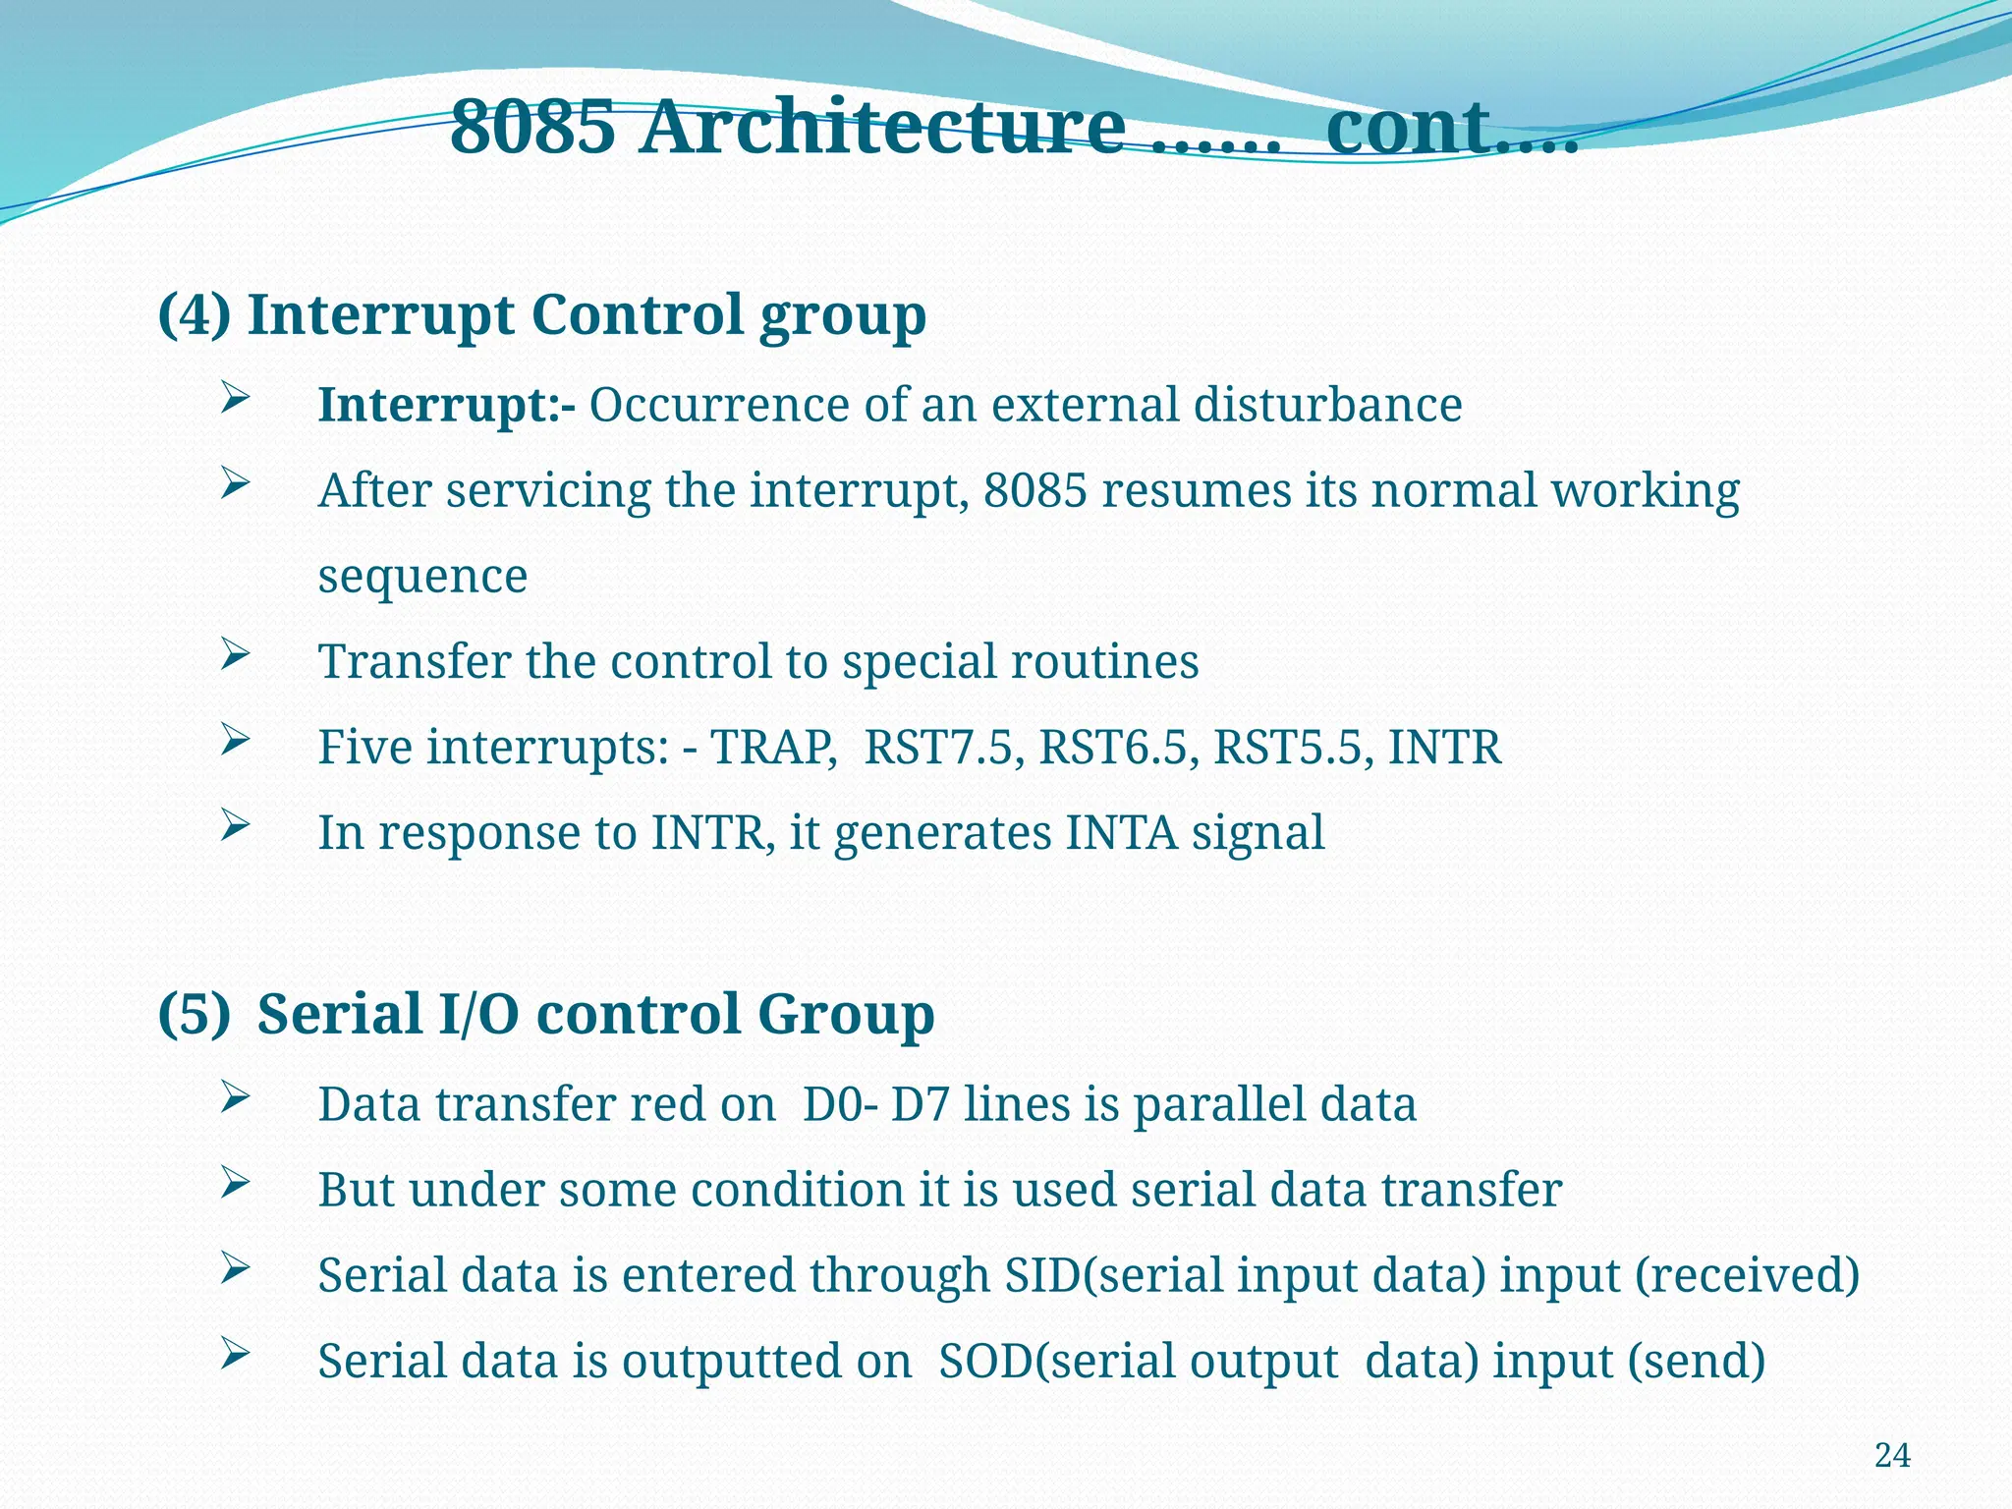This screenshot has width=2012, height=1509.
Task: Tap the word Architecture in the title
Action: tap(881, 128)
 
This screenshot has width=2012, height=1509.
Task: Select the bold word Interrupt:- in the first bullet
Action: tap(447, 405)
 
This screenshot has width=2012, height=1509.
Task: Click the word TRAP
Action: tap(772, 747)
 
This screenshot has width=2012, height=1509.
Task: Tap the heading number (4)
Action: tap(195, 315)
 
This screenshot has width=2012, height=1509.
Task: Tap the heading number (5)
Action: tap(195, 1014)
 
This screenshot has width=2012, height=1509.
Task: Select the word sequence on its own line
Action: tap(422, 577)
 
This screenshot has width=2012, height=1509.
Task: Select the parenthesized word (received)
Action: tap(1747, 1275)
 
